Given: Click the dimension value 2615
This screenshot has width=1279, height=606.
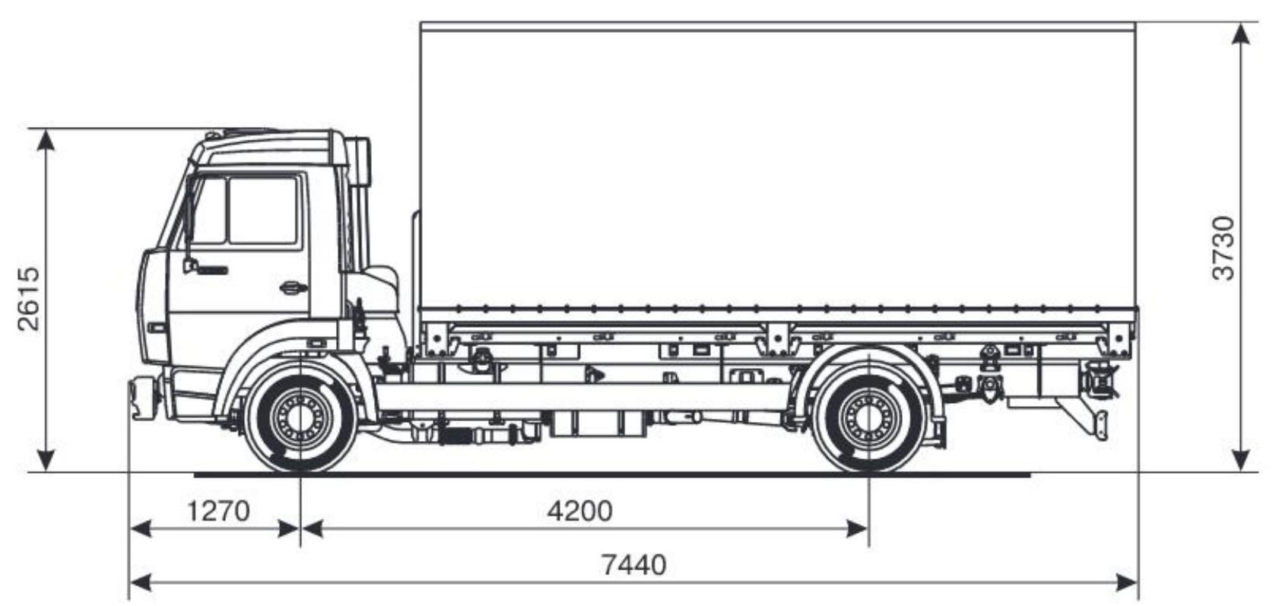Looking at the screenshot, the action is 29,299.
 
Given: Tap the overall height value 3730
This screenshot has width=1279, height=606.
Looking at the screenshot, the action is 1223,248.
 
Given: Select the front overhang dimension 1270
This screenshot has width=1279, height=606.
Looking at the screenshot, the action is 218,511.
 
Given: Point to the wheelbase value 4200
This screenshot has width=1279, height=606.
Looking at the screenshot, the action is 579,511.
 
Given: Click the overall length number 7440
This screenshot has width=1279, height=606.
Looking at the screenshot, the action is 633,565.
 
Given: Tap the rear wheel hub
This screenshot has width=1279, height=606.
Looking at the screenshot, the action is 868,417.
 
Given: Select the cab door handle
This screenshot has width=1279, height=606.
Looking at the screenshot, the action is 293,287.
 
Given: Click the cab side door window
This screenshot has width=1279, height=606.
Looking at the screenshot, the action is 263,211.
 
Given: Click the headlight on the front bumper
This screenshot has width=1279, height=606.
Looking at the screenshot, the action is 157,328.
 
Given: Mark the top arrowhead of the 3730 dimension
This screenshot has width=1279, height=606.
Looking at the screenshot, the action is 1239,33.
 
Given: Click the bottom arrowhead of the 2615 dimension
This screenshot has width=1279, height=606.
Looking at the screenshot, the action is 46,460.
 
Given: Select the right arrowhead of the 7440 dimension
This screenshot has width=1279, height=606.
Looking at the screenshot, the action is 1127,583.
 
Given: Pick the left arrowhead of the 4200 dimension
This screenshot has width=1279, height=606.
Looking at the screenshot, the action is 312,529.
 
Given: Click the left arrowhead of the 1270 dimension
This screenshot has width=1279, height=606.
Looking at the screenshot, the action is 141,529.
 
